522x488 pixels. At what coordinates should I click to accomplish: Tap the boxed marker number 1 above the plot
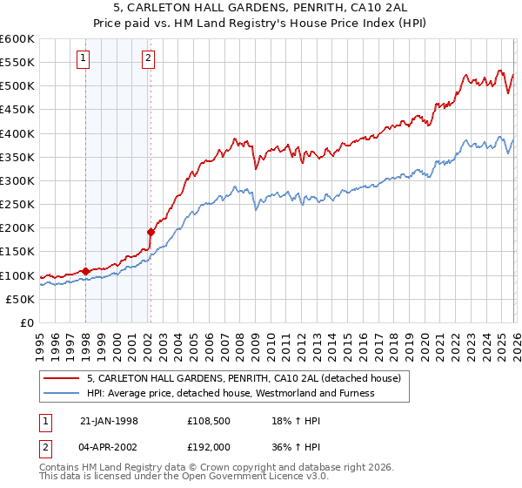84,58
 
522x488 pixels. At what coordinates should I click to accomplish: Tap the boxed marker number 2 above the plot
149,58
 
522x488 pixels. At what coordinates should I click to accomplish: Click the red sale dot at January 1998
86,271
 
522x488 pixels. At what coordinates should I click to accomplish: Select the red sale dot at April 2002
151,232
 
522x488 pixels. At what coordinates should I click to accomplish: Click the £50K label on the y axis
20,299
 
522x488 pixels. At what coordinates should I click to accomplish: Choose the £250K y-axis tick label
17,204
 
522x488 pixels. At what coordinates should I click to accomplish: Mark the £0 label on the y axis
29,322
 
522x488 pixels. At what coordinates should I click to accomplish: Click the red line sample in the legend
63,379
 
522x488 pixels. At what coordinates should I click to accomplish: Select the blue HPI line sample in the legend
63,393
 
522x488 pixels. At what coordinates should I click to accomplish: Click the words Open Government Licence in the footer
238,478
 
